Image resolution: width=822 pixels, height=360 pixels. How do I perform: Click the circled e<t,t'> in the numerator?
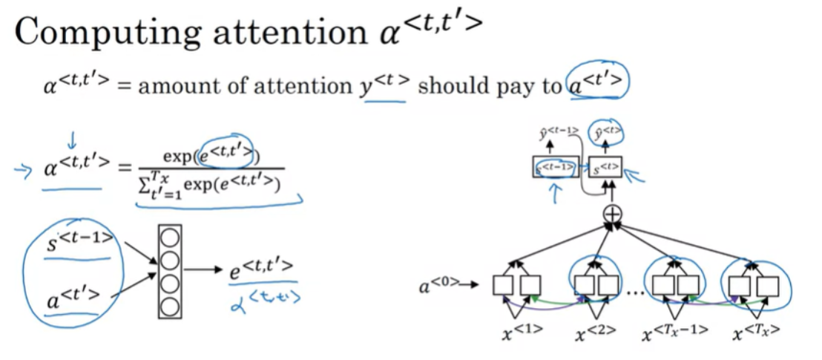coord(226,153)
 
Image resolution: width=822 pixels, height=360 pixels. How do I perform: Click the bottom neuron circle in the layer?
coord(169,305)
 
